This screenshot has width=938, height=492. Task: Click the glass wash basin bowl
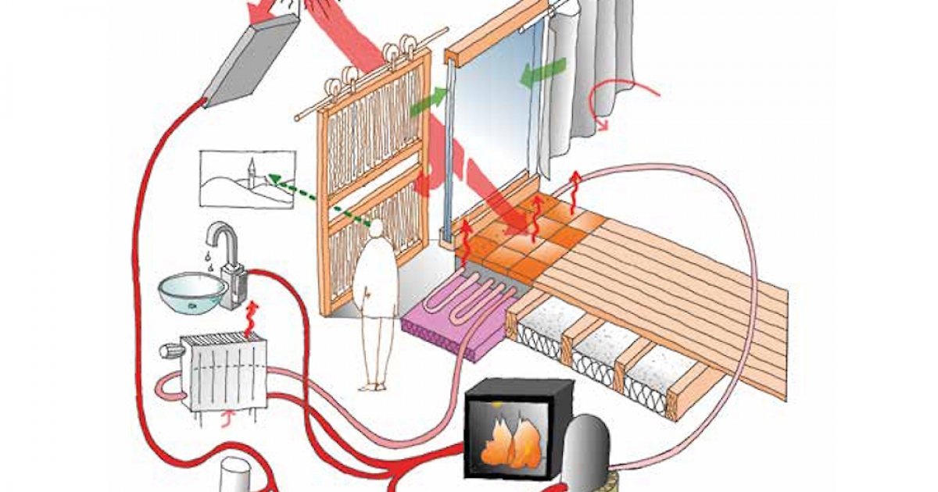(x=192, y=294)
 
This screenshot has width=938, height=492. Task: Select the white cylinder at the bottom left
(x=235, y=476)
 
